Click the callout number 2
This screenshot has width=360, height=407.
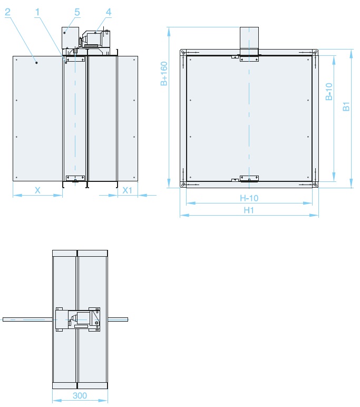pos(8,12)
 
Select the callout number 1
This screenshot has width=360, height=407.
pos(37,12)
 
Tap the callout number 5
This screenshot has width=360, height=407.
pos(77,12)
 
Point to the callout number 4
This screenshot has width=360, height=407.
pos(109,12)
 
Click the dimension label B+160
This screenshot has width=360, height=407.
pos(164,73)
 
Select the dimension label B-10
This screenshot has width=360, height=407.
pos(329,91)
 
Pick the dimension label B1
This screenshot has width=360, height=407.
pos(346,106)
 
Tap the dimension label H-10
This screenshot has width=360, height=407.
pos(249,198)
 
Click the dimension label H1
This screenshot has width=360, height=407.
pos(249,210)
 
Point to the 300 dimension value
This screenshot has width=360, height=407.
pos(80,395)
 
